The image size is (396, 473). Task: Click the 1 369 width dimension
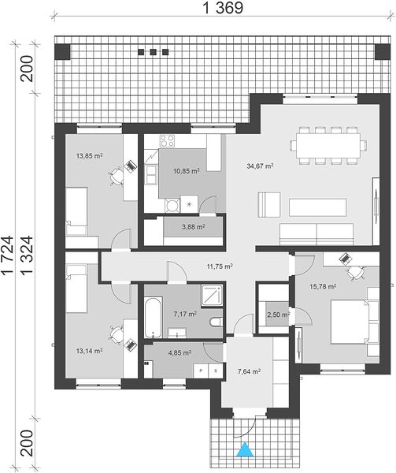pyautogui.click(x=223, y=8)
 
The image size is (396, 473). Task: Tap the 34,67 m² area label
pyautogui.click(x=260, y=166)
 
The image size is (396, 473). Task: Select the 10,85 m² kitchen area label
pyautogui.click(x=187, y=171)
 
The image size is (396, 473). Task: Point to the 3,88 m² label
pyautogui.click(x=194, y=226)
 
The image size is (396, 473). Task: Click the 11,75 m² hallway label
pyautogui.click(x=220, y=266)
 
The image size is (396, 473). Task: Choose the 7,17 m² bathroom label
pyautogui.click(x=185, y=314)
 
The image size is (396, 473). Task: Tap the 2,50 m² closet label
pyautogui.click(x=278, y=315)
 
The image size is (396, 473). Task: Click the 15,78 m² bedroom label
pyautogui.click(x=323, y=286)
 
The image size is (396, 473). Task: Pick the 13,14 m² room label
pyautogui.click(x=89, y=351)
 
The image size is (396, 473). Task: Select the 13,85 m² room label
pyautogui.click(x=89, y=156)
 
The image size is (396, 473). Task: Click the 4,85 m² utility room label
pyautogui.click(x=179, y=352)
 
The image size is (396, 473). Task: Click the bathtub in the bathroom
pyautogui.click(x=154, y=318)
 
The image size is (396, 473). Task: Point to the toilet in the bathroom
pyautogui.click(x=217, y=322)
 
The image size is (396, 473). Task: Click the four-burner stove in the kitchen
pyautogui.click(x=167, y=140)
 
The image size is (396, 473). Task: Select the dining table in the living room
pyautogui.click(x=329, y=146)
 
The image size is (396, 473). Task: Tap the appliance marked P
pyautogui.click(x=201, y=371)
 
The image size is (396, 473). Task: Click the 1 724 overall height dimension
pyautogui.click(x=8, y=255)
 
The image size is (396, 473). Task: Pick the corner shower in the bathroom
pyautogui.click(x=213, y=296)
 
